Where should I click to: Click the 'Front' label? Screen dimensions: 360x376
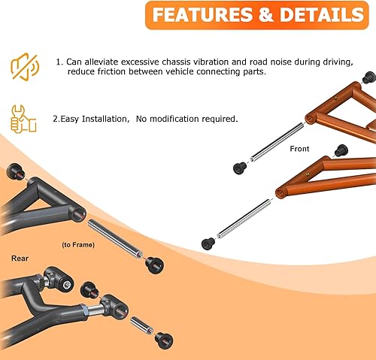point(299,149)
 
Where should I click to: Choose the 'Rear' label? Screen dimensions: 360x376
point(20,258)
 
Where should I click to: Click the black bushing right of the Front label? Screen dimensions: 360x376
point(340,150)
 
